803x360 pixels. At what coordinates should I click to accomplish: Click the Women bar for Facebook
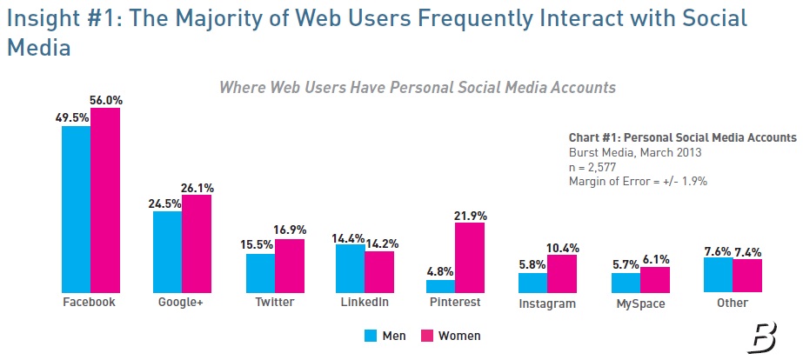(105, 200)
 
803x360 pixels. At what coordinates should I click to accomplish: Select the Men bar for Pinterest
(440, 286)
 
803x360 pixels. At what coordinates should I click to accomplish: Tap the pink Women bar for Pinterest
(469, 257)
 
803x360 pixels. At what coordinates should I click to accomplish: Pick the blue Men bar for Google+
(167, 252)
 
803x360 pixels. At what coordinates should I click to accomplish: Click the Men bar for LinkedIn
(350, 269)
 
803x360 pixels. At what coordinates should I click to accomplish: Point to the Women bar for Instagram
(562, 274)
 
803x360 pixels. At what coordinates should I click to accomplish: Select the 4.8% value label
(439, 272)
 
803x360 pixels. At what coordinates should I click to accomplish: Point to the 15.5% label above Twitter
(258, 246)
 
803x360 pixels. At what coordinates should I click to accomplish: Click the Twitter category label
(275, 303)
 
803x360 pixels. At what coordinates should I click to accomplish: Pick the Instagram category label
(547, 303)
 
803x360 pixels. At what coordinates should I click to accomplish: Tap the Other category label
(733, 303)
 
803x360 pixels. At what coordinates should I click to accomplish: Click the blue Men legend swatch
(368, 336)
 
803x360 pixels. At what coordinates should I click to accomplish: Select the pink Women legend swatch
(427, 336)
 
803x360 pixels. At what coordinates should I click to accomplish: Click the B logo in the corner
(763, 333)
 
